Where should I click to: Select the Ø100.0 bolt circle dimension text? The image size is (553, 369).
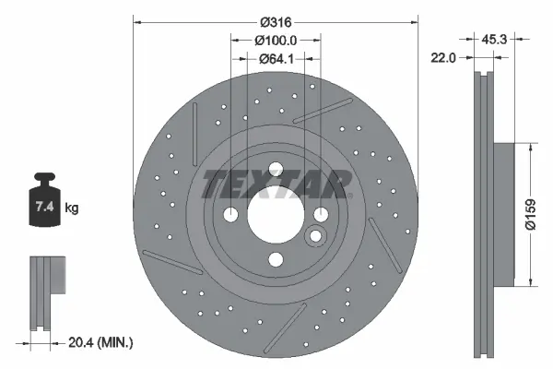click(276, 41)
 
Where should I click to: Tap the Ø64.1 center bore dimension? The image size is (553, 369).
click(276, 59)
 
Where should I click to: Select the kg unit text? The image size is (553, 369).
click(72, 208)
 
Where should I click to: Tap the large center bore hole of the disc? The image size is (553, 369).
click(275, 214)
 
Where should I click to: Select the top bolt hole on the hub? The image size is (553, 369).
click(275, 168)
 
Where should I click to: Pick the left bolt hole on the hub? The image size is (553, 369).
click(229, 214)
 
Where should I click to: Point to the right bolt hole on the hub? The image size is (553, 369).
click(321, 214)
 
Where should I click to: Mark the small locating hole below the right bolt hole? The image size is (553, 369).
click(315, 237)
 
